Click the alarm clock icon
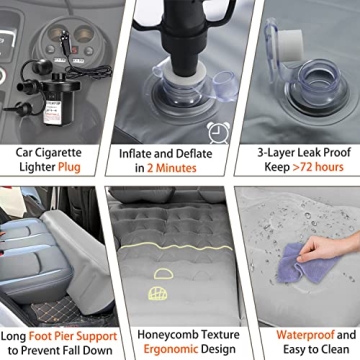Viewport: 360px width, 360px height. coord(219,132)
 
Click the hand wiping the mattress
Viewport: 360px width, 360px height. coord(328,248)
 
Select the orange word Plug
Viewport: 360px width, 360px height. coord(69,167)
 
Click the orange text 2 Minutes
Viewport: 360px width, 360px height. coord(172,168)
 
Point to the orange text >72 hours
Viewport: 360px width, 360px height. coord(318,167)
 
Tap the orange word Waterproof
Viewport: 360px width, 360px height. coord(305,334)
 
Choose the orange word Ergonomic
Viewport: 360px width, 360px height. coord(170,349)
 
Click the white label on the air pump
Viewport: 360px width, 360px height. coord(53,112)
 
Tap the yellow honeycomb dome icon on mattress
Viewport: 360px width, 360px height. coord(158,293)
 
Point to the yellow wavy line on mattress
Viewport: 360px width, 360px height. coord(176,247)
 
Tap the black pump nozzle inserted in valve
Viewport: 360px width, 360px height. coord(184,50)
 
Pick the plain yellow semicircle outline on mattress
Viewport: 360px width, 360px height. coord(163,274)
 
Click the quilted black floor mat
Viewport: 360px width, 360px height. coord(57,311)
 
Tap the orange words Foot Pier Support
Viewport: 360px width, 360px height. coord(73,336)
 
